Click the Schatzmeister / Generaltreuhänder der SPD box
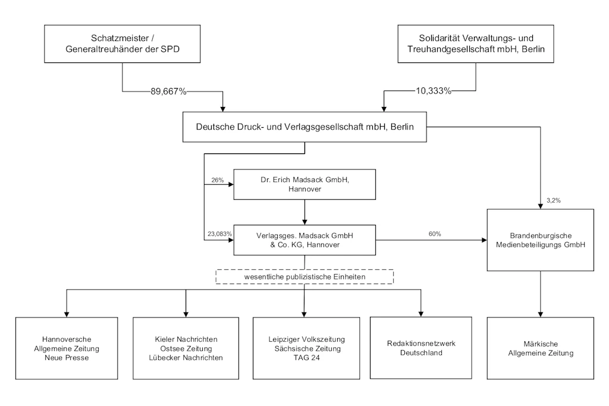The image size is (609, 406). pyautogui.click(x=123, y=44)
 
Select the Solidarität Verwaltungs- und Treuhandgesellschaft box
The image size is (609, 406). pyautogui.click(x=476, y=44)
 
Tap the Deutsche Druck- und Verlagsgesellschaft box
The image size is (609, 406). pyautogui.click(x=304, y=127)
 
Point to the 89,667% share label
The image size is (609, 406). pyautogui.click(x=168, y=92)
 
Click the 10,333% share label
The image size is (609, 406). pyautogui.click(x=434, y=91)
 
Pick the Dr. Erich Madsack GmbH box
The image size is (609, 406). pyautogui.click(x=304, y=184)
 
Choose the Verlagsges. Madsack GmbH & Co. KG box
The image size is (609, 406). pyautogui.click(x=304, y=240)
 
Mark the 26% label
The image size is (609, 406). pyautogui.click(x=218, y=180)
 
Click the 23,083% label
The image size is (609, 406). pyautogui.click(x=219, y=234)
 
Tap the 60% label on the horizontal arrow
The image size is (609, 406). pyautogui.click(x=435, y=234)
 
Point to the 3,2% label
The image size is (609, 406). pyautogui.click(x=554, y=200)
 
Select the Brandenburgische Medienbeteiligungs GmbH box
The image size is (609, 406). pyautogui.click(x=540, y=240)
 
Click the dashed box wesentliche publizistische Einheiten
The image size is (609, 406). pyautogui.click(x=304, y=277)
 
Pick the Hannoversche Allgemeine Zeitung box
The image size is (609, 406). pyautogui.click(x=67, y=348)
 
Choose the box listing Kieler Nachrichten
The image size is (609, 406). pyautogui.click(x=186, y=348)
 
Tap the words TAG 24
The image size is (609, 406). pyautogui.click(x=306, y=357)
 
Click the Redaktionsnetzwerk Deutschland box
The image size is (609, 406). pyautogui.click(x=421, y=348)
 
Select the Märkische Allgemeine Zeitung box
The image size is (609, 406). pyautogui.click(x=540, y=348)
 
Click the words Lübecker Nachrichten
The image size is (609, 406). pyautogui.click(x=186, y=357)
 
